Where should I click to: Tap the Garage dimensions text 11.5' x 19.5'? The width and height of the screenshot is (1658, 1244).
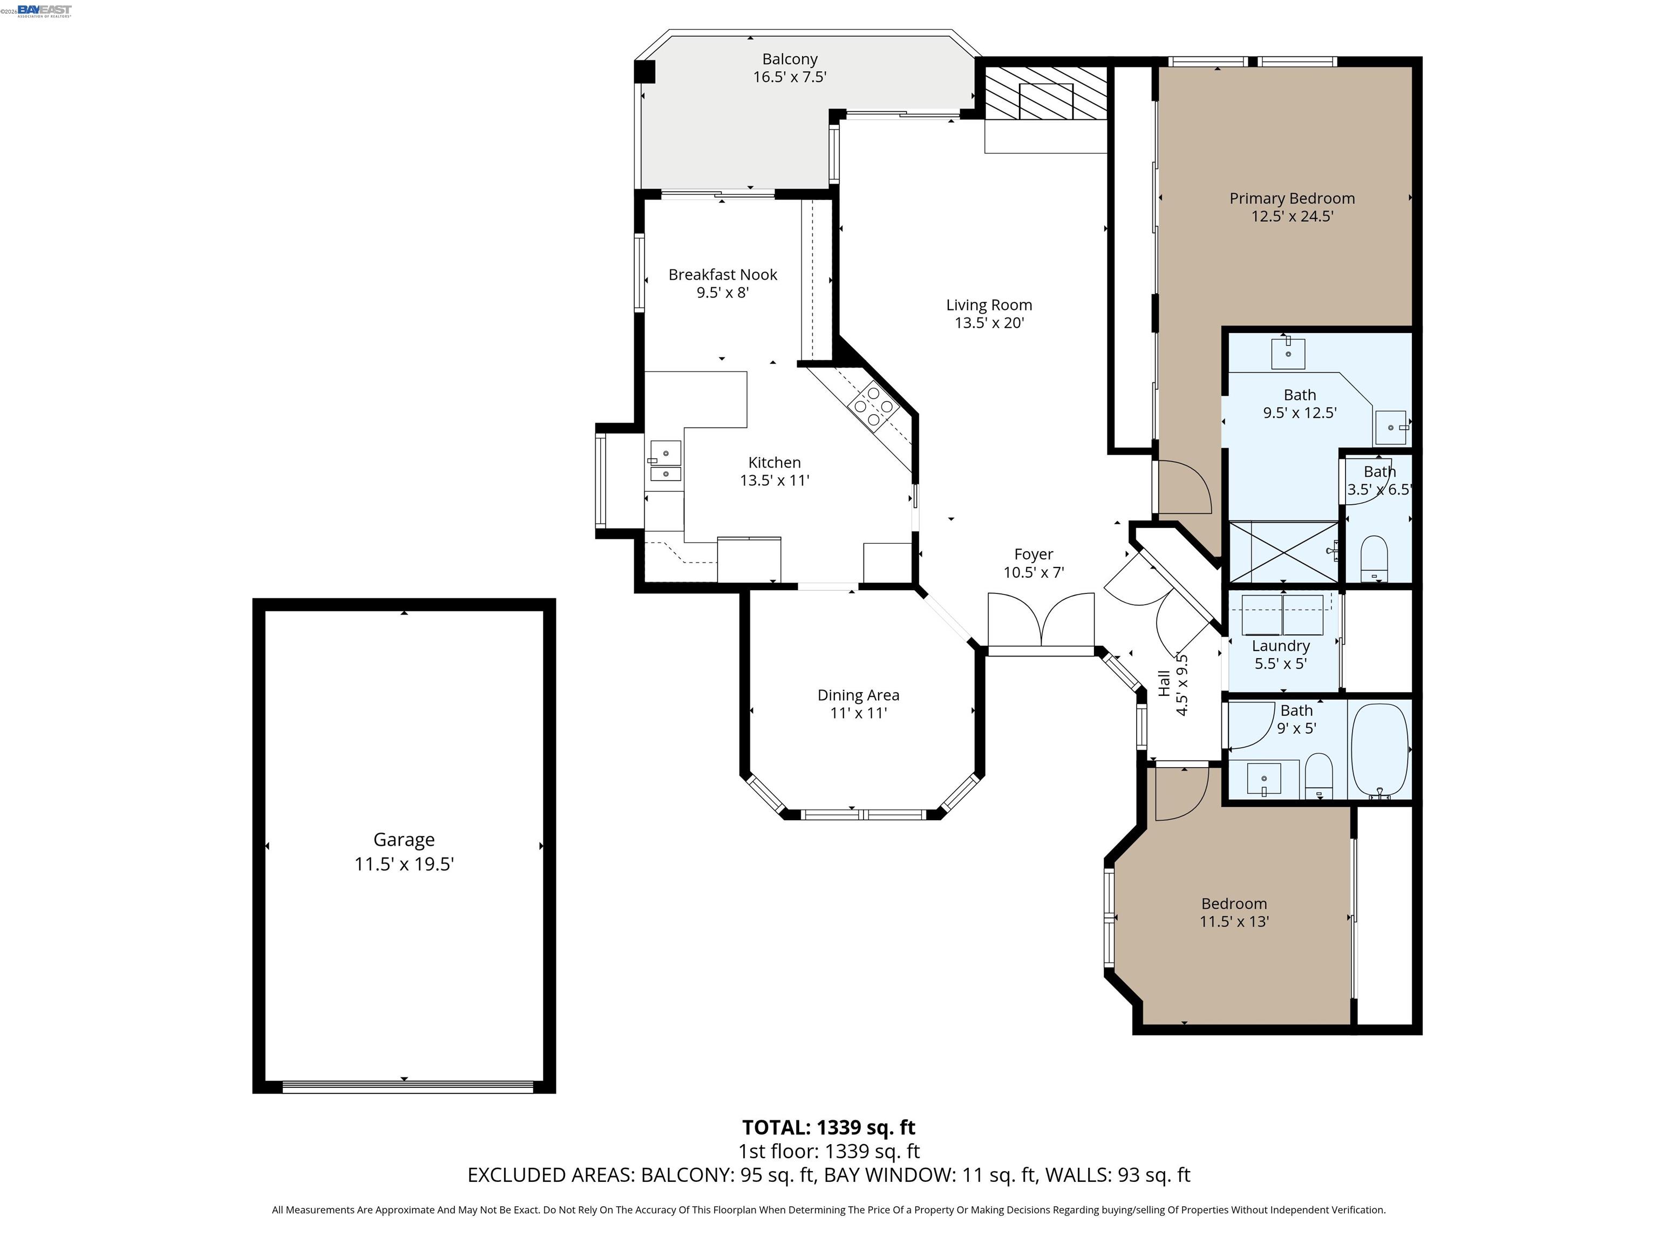pos(404,864)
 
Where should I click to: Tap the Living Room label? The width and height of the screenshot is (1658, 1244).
pos(989,305)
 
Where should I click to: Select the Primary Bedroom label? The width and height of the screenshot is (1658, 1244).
pos(1292,199)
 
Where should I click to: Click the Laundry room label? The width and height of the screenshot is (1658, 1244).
pos(1280,646)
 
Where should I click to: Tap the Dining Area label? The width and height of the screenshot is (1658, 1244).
pos(858,695)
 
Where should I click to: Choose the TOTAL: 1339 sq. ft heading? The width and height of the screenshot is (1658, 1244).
pos(828,1127)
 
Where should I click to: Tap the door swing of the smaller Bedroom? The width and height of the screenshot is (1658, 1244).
pos(1180,793)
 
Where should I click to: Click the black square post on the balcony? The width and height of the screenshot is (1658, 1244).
pos(644,72)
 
